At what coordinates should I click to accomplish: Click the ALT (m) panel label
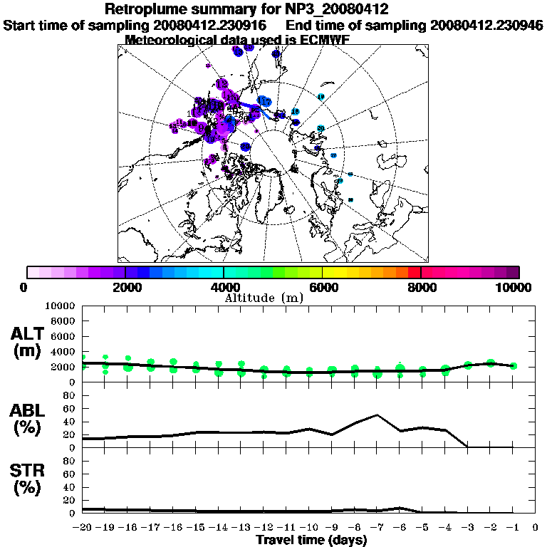tap(27, 342)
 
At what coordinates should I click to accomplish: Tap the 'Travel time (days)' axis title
tap(311, 541)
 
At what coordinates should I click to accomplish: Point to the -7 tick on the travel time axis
tap(377, 528)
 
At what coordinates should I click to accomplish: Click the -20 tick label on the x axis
tap(83, 528)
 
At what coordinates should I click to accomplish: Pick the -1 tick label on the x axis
tap(512, 528)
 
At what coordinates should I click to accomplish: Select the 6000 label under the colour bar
tap(323, 288)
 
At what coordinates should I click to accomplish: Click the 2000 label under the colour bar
tap(125, 288)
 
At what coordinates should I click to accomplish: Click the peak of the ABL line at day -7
tap(377, 415)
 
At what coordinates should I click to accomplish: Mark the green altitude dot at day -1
tap(513, 365)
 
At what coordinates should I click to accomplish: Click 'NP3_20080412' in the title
tap(341, 10)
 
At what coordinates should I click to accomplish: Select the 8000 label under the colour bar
tap(421, 288)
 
